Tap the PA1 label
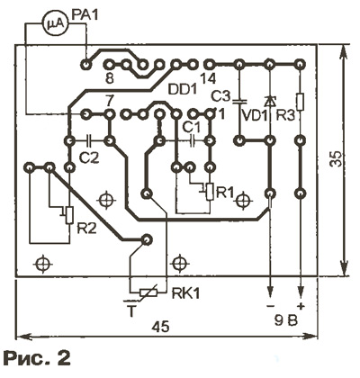(x=85, y=14)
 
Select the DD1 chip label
(x=182, y=89)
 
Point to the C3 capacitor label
(x=220, y=96)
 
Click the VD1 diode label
(x=255, y=115)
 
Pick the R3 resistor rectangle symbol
(x=300, y=102)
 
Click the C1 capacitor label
(x=192, y=128)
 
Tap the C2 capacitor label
(x=88, y=157)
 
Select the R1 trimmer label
(x=224, y=193)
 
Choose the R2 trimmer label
(x=87, y=229)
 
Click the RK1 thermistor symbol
(x=148, y=292)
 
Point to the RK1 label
(x=185, y=293)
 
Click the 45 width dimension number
(x=160, y=327)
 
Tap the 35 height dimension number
(x=336, y=158)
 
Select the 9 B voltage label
(x=286, y=321)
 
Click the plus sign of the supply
(x=301, y=306)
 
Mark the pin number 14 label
(x=207, y=79)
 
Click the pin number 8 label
(x=110, y=79)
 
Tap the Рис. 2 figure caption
(x=37, y=358)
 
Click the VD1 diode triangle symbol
(x=270, y=102)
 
